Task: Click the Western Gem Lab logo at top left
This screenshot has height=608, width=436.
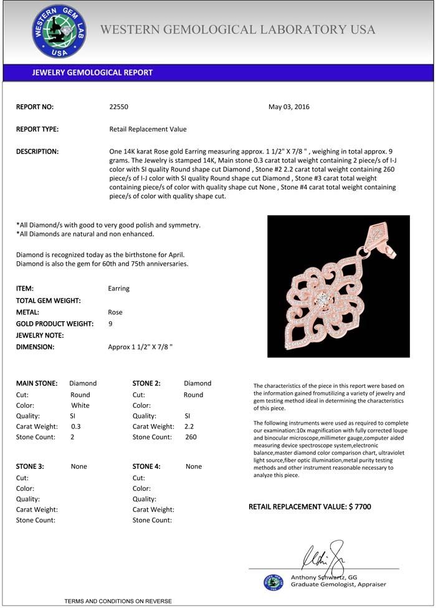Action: [x=59, y=31]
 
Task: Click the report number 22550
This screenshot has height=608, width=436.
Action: [x=118, y=107]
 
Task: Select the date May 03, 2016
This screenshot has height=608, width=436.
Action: [x=288, y=107]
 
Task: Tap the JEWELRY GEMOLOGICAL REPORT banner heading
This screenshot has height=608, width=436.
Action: [x=92, y=72]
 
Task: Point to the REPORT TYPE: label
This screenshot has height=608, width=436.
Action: [x=37, y=129]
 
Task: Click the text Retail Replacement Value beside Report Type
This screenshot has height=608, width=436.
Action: [x=148, y=129]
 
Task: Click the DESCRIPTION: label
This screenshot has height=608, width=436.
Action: [x=37, y=152]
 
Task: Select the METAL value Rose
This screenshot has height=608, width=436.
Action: [x=115, y=312]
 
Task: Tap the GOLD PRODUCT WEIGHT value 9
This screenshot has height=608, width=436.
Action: [x=110, y=324]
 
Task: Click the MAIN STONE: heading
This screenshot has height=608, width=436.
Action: [x=37, y=384]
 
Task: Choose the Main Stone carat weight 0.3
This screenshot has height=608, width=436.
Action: [x=76, y=427]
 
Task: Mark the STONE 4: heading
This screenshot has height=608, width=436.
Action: [x=146, y=466]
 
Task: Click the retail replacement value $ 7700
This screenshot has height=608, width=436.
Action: [x=359, y=507]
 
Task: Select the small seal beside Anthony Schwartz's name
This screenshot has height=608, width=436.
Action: [x=273, y=582]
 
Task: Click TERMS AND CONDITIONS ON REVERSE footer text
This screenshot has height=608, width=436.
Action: [x=118, y=601]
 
